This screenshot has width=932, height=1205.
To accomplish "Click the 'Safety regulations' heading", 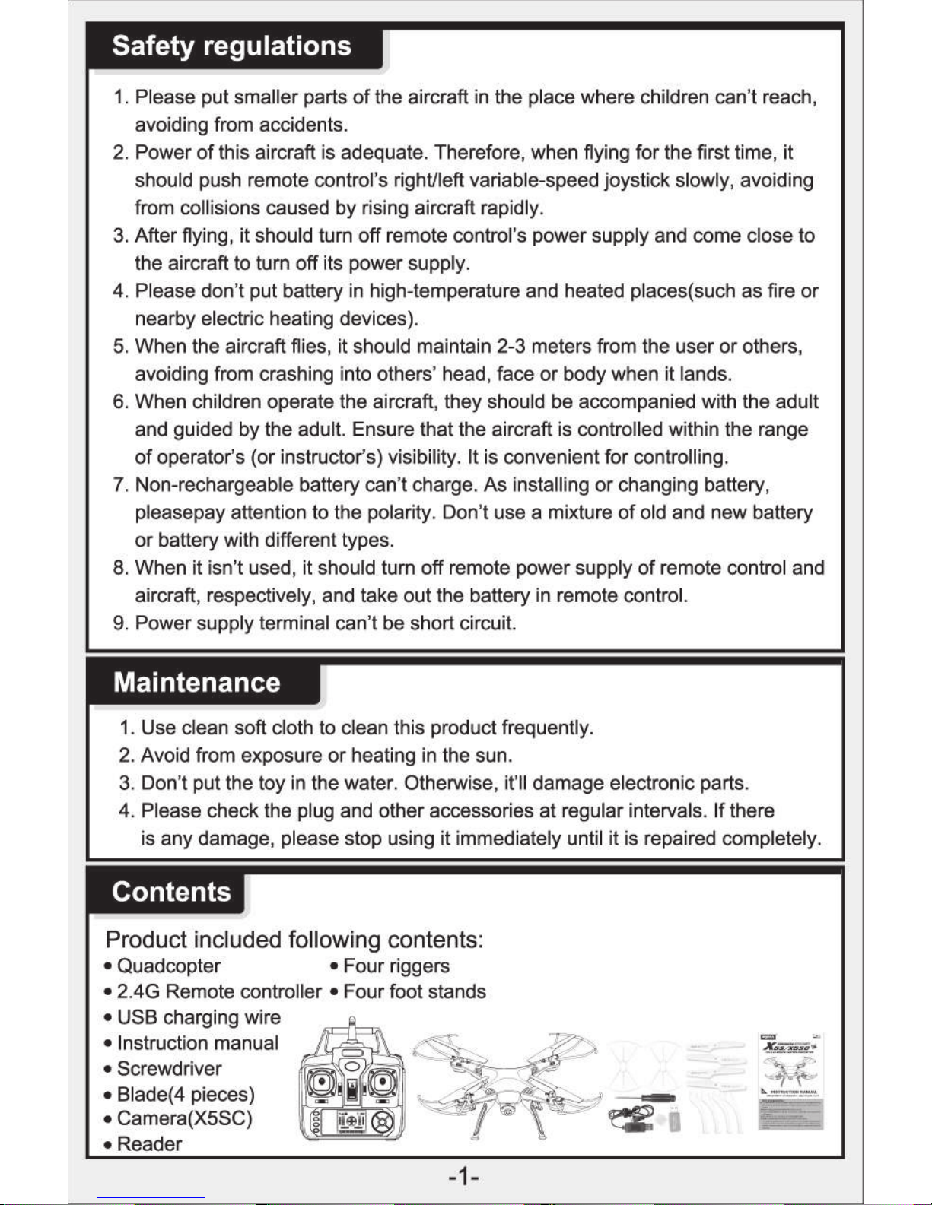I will (x=231, y=46).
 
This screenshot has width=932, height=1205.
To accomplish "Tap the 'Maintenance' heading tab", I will (x=196, y=682).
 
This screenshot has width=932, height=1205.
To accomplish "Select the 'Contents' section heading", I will (x=171, y=891).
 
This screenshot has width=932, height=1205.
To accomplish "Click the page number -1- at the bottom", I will (x=463, y=1178).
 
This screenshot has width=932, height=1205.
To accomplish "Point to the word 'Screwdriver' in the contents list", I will (x=169, y=1068).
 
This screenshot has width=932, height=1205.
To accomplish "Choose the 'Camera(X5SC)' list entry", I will (x=184, y=1118).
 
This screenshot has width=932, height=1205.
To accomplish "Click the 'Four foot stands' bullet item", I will (x=414, y=991).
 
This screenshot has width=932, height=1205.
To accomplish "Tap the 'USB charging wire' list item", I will (x=199, y=1017).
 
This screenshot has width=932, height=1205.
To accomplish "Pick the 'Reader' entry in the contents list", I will (x=149, y=1144).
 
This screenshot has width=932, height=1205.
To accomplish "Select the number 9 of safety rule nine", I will (x=119, y=623).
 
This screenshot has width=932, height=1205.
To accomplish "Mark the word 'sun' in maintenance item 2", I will (x=495, y=756).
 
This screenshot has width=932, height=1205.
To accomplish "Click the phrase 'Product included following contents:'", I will (x=294, y=940).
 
